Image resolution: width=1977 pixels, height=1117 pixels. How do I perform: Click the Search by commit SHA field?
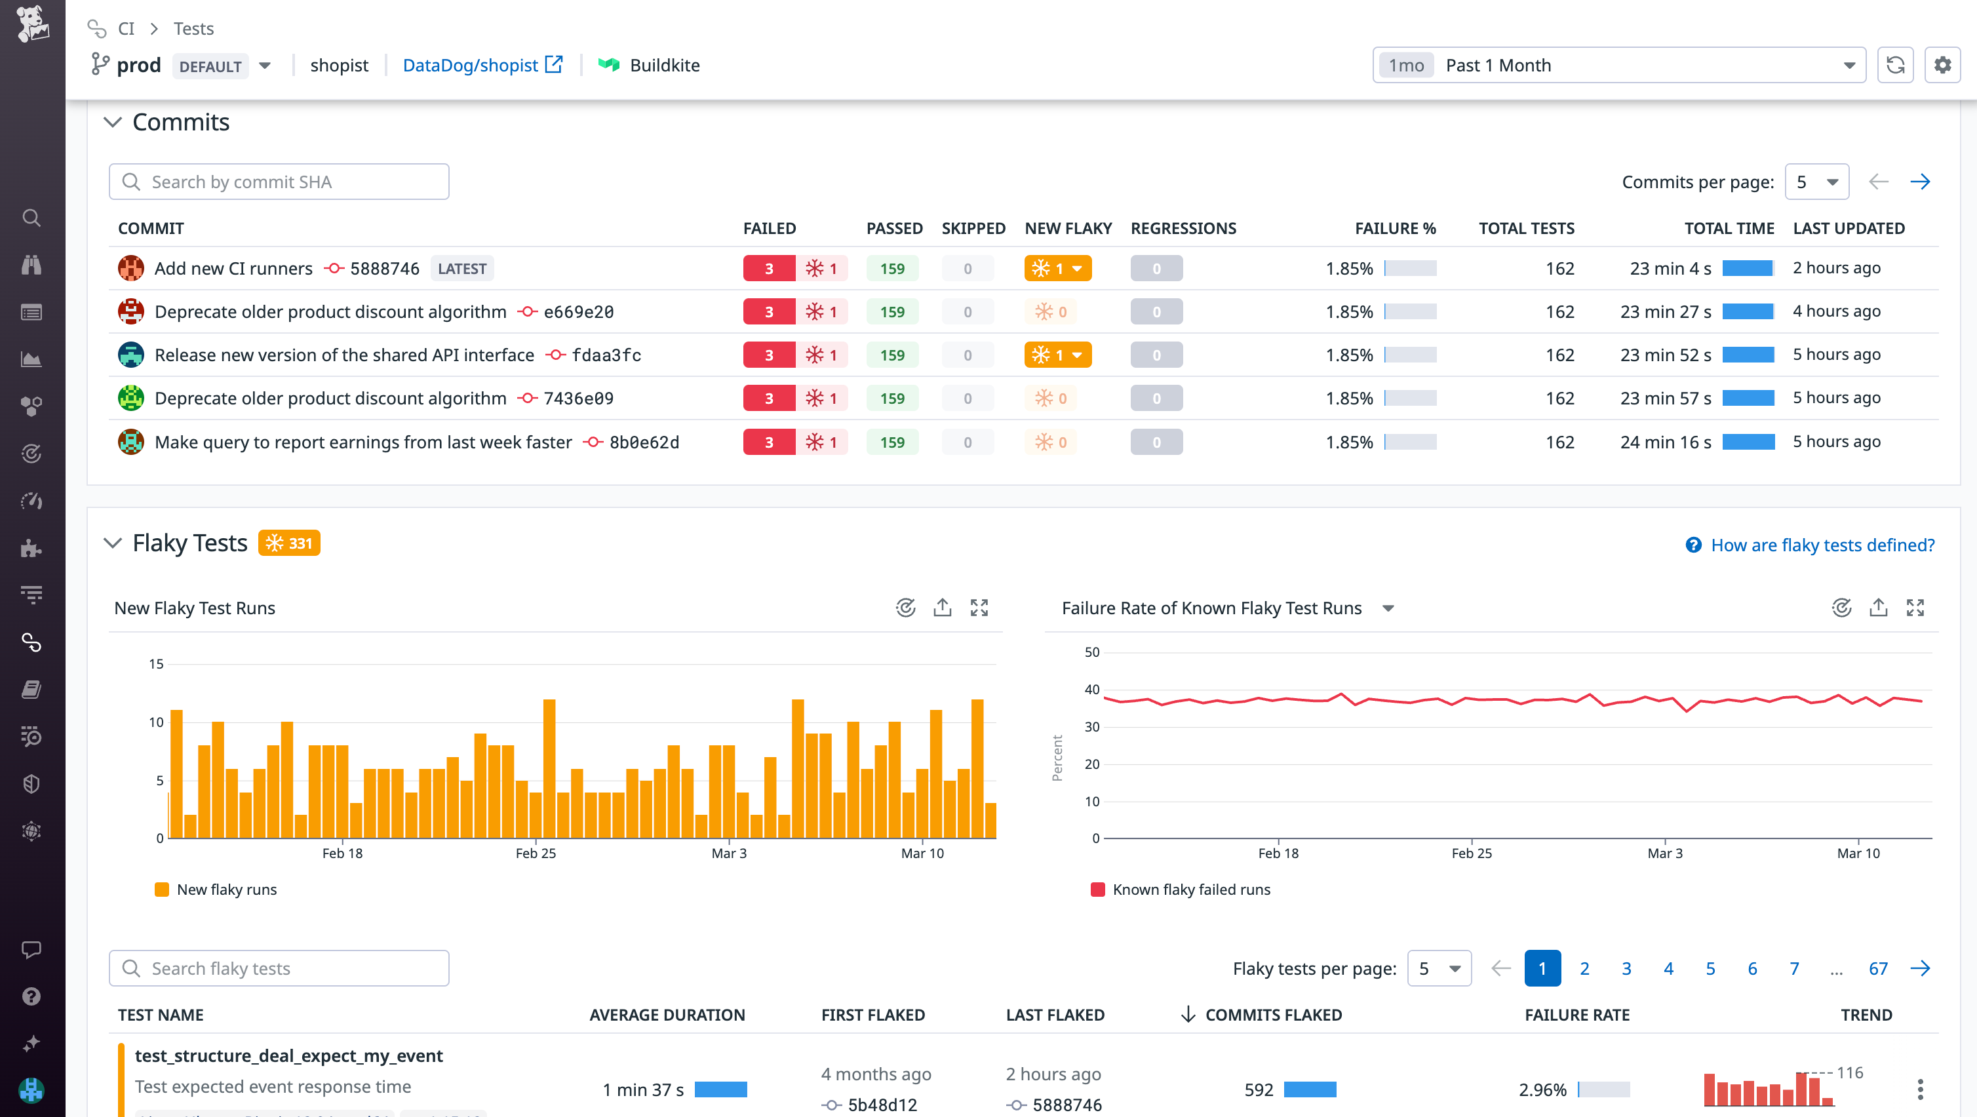279,182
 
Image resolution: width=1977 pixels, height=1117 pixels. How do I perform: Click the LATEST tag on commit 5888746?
461,269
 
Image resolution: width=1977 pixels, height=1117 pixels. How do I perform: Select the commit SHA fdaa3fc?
606,355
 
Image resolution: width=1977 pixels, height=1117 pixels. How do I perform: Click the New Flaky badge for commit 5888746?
1057,269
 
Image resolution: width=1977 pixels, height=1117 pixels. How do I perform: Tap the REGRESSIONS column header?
1183,228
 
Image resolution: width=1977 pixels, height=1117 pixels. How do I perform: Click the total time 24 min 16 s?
1666,442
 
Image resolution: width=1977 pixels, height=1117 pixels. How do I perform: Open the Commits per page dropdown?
1816,182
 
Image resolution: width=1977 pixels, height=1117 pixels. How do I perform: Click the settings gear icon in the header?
1942,66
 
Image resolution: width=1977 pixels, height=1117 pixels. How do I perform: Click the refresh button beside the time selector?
1895,66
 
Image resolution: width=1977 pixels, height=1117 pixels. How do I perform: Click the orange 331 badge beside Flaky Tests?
288,543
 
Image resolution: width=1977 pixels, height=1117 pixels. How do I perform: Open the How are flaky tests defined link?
1821,545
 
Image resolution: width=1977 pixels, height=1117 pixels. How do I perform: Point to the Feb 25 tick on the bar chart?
535,853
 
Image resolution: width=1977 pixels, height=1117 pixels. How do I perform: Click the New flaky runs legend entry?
225,890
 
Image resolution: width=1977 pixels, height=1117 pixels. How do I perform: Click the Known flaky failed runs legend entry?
1190,890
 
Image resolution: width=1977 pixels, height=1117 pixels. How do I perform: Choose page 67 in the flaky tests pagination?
1877,969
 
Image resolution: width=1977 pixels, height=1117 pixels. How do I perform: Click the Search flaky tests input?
279,969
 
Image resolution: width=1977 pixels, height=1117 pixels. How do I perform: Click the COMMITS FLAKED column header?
1272,1015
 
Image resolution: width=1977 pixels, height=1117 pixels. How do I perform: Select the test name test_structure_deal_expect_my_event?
288,1055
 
